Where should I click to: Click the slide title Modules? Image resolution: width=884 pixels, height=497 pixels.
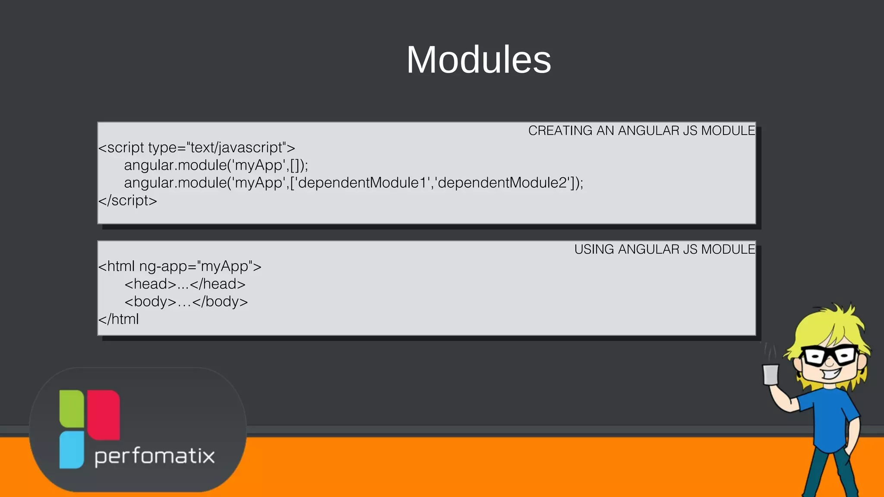point(479,60)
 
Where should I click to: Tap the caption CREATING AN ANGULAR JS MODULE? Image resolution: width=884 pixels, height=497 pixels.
point(641,130)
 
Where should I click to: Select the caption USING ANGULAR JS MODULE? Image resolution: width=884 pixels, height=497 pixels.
point(664,249)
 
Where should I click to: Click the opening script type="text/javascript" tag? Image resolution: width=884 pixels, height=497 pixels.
point(197,148)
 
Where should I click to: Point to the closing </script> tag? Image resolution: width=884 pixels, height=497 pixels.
point(128,201)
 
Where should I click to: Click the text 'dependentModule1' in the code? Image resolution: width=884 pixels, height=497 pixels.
point(363,183)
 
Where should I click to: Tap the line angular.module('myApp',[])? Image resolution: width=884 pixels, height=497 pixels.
point(216,165)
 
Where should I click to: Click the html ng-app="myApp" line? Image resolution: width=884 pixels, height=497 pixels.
point(180,267)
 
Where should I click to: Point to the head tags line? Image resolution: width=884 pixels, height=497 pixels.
point(185,284)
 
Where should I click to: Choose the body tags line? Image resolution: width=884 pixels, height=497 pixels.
point(186,302)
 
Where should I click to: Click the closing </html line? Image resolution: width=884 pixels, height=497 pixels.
point(119,319)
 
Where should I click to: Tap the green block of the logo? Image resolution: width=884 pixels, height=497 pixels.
point(72,408)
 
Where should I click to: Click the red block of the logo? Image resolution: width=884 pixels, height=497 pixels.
point(104,414)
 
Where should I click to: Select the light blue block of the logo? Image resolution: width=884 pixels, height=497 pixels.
point(71,450)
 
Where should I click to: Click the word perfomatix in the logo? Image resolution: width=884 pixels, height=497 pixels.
point(155,456)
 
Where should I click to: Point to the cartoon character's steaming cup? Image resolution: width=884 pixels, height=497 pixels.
point(770,374)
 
